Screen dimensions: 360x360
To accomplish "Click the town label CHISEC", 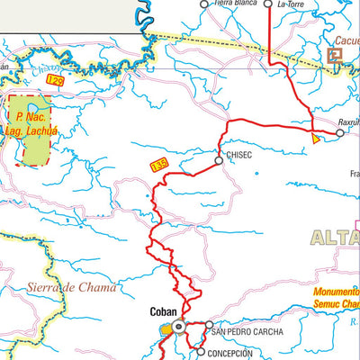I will coord(240,155).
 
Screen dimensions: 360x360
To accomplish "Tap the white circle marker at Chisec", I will coord(219,161).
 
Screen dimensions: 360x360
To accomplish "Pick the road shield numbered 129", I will coord(56,82).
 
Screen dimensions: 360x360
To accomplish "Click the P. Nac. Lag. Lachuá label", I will coord(31,123).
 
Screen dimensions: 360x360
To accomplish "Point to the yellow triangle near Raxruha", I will coord(315,139).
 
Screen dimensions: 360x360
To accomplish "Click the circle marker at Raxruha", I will coord(339,133).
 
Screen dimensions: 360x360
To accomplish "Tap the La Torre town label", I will coord(291,4).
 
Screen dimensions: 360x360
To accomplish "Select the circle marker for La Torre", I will coord(268,4).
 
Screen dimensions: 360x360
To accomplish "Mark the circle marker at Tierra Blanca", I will coord(203,4).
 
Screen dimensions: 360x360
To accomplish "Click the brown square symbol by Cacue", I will coord(335,55).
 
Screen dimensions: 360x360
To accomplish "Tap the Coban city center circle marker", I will coord(178,328).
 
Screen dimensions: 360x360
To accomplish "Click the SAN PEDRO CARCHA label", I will coord(247,332).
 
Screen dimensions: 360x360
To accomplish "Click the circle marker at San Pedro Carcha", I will coord(208,327).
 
